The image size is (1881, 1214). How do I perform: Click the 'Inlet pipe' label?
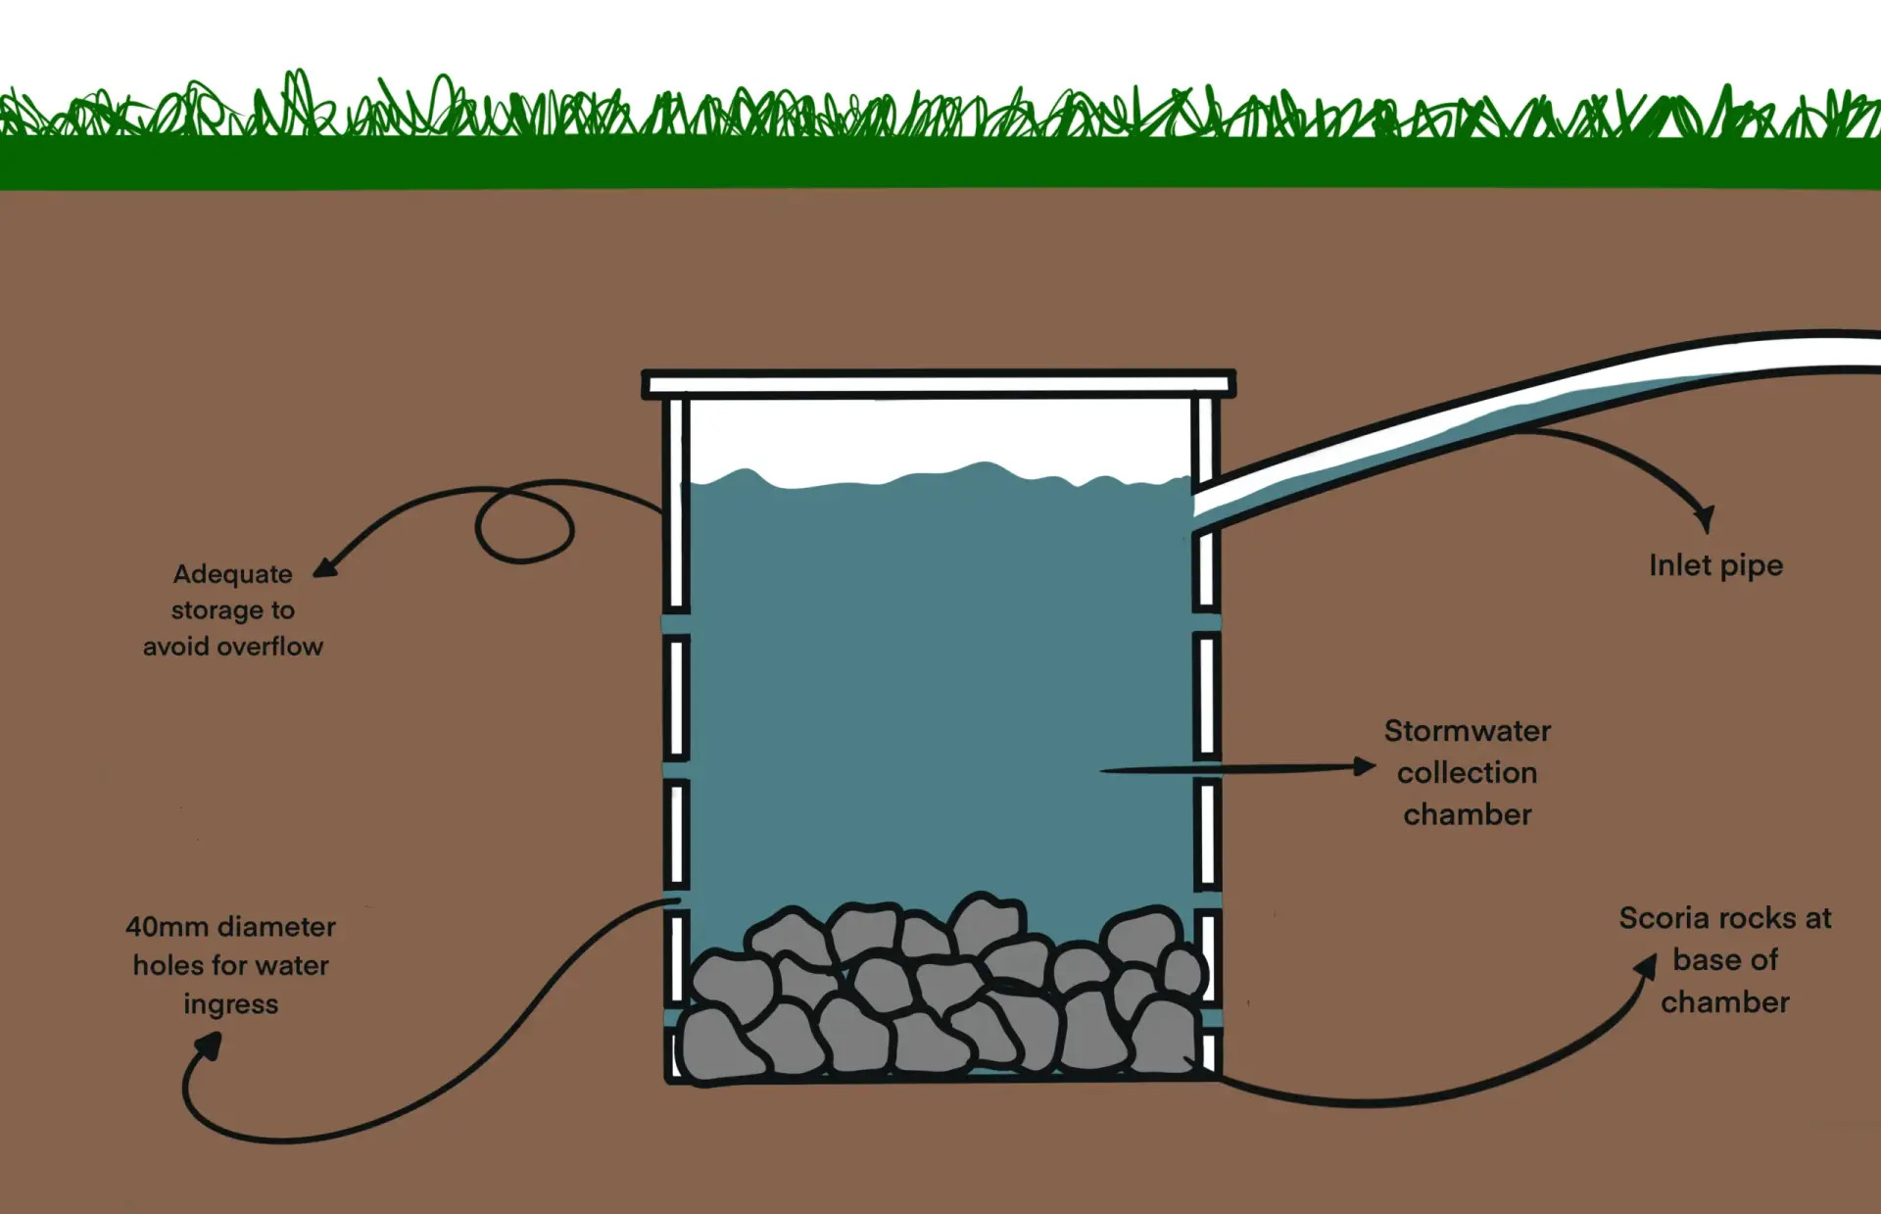(1715, 565)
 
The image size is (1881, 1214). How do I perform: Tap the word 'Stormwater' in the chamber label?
(1467, 731)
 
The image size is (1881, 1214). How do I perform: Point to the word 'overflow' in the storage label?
(270, 647)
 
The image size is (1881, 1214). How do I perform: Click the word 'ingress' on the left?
(231, 1005)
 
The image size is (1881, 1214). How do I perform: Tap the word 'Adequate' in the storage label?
(232, 574)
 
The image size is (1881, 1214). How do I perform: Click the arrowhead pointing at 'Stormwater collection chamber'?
(1364, 766)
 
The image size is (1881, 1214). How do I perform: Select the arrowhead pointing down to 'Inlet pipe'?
(1705, 517)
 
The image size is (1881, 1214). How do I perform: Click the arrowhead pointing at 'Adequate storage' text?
(325, 567)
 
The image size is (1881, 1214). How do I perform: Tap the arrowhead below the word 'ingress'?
(209, 1045)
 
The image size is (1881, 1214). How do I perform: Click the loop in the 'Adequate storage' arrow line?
(524, 525)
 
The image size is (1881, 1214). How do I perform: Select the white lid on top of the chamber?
(938, 383)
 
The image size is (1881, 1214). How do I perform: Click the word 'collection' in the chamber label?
(1467, 773)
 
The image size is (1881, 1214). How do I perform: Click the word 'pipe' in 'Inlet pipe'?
(1751, 567)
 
